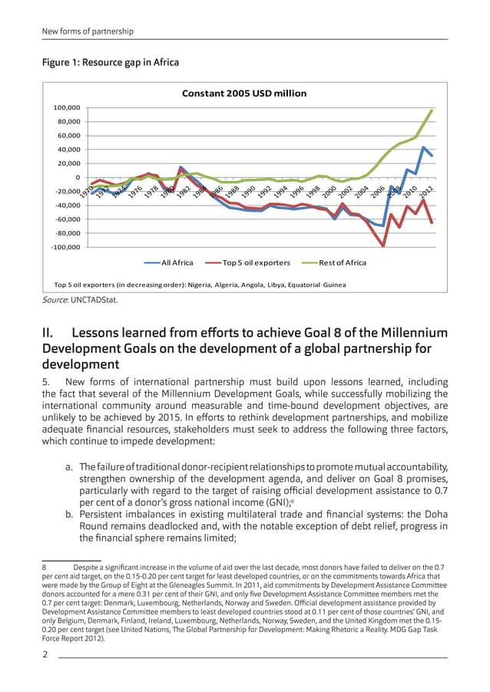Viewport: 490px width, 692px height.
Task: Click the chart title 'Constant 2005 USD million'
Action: (x=243, y=94)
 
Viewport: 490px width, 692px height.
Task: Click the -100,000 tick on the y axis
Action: (x=68, y=247)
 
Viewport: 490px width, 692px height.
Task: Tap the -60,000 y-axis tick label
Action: (x=68, y=219)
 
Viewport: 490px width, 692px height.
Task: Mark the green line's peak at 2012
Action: (x=432, y=110)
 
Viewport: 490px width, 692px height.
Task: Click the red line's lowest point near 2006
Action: (x=382, y=245)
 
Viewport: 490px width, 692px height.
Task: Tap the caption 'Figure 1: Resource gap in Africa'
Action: (x=110, y=62)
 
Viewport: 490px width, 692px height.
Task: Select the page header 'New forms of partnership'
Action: (x=88, y=31)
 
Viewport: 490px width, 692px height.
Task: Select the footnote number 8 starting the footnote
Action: (x=44, y=568)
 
